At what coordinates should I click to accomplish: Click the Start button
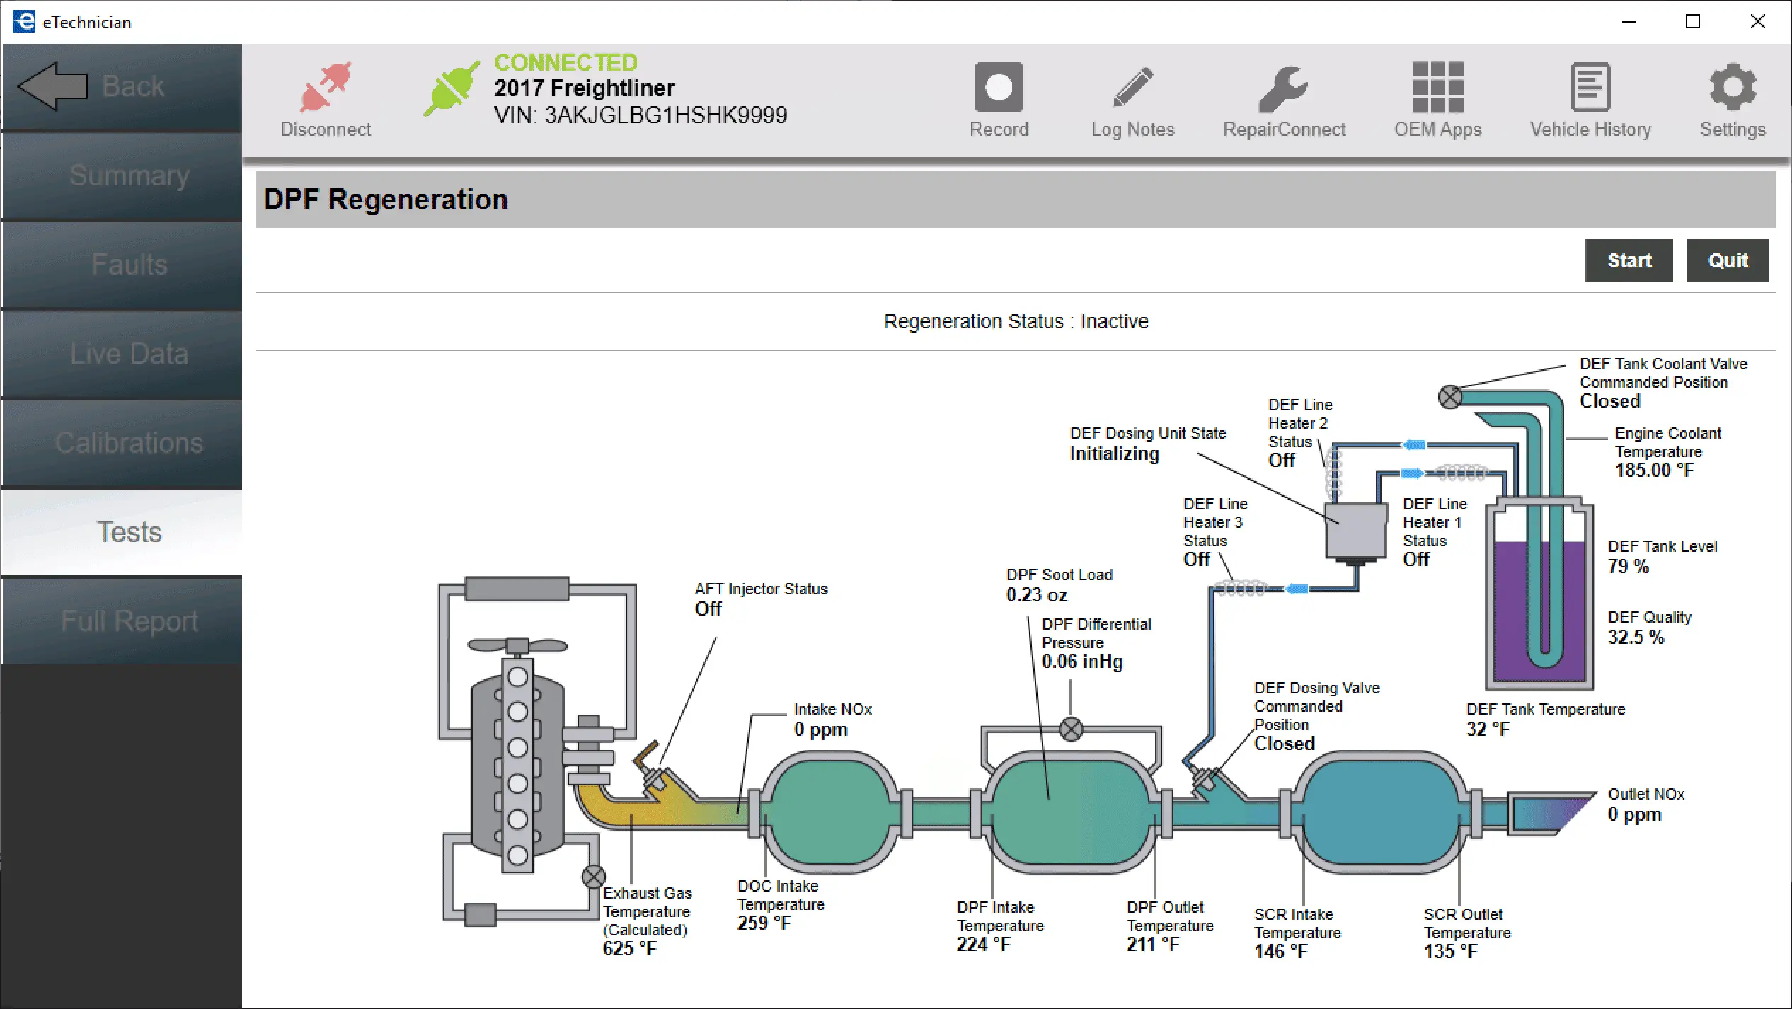(x=1628, y=260)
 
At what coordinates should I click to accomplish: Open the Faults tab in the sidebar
(x=129, y=265)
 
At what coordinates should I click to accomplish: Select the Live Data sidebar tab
(x=129, y=354)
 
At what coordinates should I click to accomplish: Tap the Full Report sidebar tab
(x=129, y=621)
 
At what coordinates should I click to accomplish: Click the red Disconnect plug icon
(x=325, y=88)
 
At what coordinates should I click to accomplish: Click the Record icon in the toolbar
(x=998, y=88)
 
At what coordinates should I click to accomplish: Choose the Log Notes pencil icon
(x=1132, y=88)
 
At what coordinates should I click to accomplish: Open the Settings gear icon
(x=1732, y=88)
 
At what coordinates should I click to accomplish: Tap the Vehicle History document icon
(x=1590, y=88)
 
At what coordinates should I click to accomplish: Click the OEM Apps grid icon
(x=1437, y=88)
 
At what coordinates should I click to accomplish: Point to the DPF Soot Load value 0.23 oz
(x=1037, y=595)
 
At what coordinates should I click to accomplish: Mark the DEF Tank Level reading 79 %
(x=1628, y=567)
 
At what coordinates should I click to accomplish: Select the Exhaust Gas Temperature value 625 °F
(x=629, y=949)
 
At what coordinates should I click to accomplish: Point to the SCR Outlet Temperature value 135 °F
(x=1450, y=952)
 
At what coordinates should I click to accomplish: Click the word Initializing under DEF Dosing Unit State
(x=1114, y=454)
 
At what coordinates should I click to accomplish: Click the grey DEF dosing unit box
(x=1355, y=531)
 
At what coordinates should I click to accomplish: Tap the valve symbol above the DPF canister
(x=1071, y=729)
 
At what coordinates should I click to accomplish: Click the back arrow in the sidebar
(x=53, y=86)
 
